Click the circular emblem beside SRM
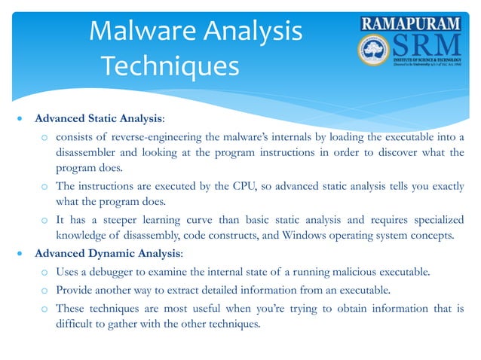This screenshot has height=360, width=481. pos(374,52)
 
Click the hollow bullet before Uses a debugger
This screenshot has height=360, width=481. pos(45,271)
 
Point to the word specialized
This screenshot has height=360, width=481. pos(430,218)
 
